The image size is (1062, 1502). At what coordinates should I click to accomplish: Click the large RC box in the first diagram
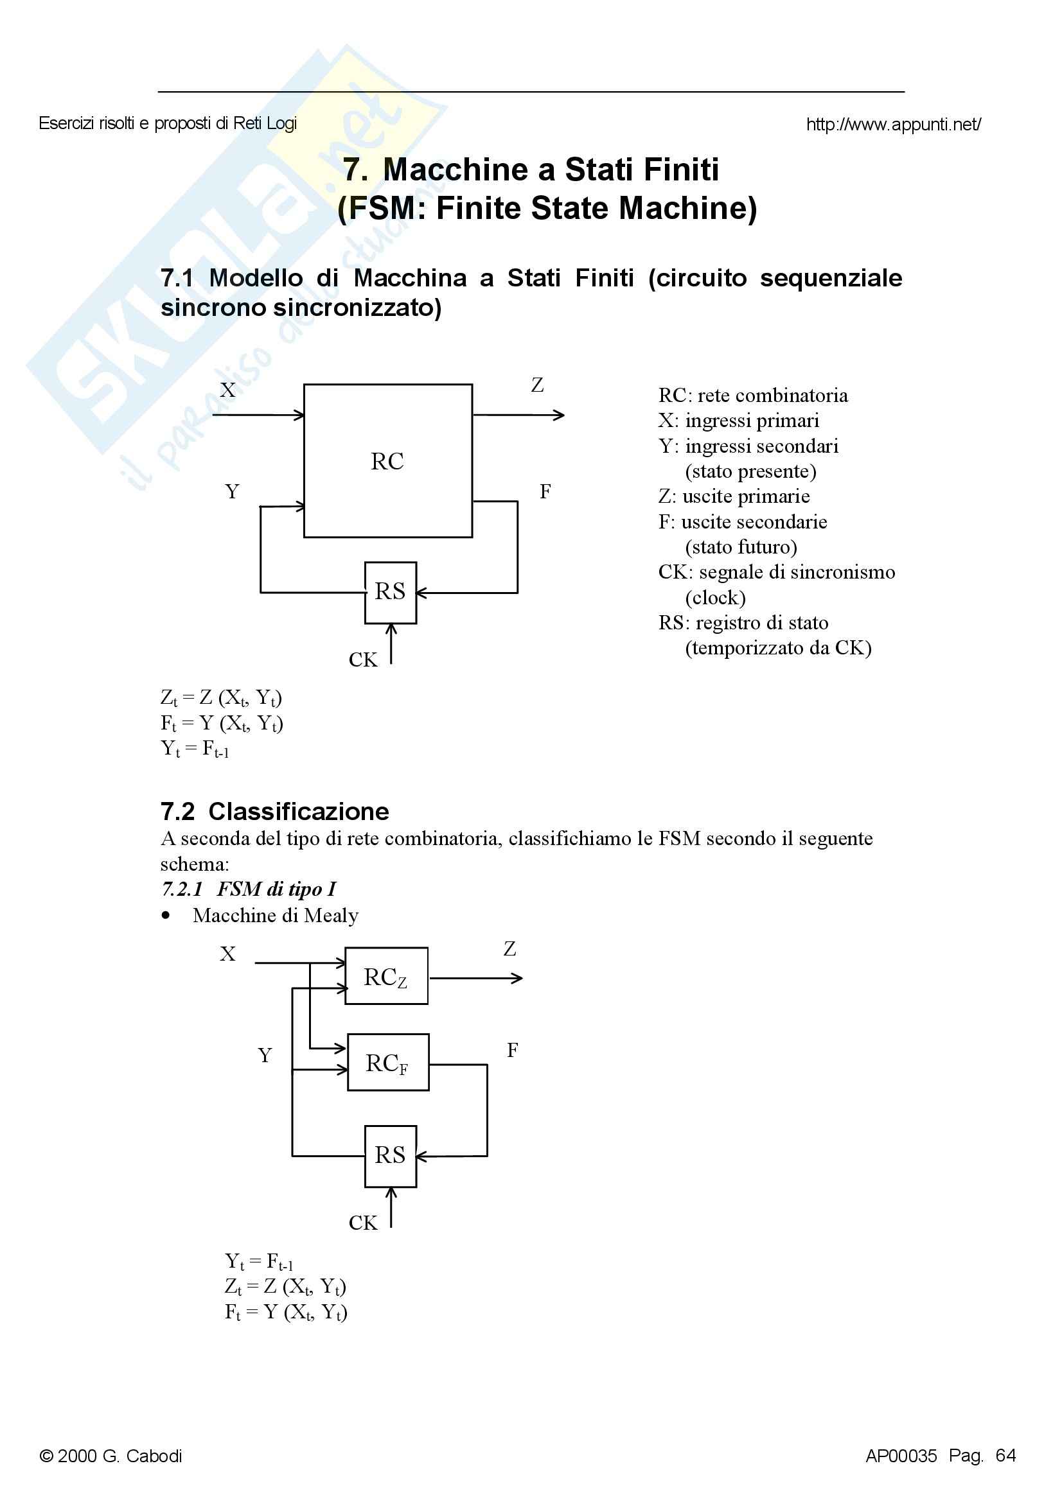pyautogui.click(x=387, y=460)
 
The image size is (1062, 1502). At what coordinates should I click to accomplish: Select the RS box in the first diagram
pyautogui.click(x=390, y=592)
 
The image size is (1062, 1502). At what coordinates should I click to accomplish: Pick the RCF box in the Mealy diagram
pyautogui.click(x=387, y=1062)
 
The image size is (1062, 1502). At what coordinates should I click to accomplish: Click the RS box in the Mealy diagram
pyautogui.click(x=390, y=1156)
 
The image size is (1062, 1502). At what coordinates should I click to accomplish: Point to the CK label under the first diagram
pyautogui.click(x=362, y=659)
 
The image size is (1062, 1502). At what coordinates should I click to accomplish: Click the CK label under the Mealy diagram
pyautogui.click(x=362, y=1223)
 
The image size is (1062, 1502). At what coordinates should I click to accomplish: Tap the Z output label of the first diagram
pyautogui.click(x=537, y=385)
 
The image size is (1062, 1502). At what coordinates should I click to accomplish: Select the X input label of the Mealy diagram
pyautogui.click(x=227, y=954)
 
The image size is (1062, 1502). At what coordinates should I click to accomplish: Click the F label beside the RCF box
pyautogui.click(x=512, y=1050)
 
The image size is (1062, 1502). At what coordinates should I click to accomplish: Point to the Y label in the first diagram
pyautogui.click(x=232, y=491)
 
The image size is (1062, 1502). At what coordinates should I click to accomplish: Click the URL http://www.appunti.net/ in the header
pyautogui.click(x=893, y=125)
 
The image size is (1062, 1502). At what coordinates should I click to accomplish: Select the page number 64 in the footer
pyautogui.click(x=1005, y=1456)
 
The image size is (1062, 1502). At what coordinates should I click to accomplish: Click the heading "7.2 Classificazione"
pyautogui.click(x=275, y=811)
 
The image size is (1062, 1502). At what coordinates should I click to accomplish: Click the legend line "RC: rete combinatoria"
pyautogui.click(x=752, y=395)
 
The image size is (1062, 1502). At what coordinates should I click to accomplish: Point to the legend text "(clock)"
pyautogui.click(x=715, y=597)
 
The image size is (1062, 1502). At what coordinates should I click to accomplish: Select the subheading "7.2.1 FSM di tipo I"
pyautogui.click(x=249, y=889)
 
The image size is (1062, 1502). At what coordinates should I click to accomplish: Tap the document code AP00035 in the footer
pyautogui.click(x=901, y=1456)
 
